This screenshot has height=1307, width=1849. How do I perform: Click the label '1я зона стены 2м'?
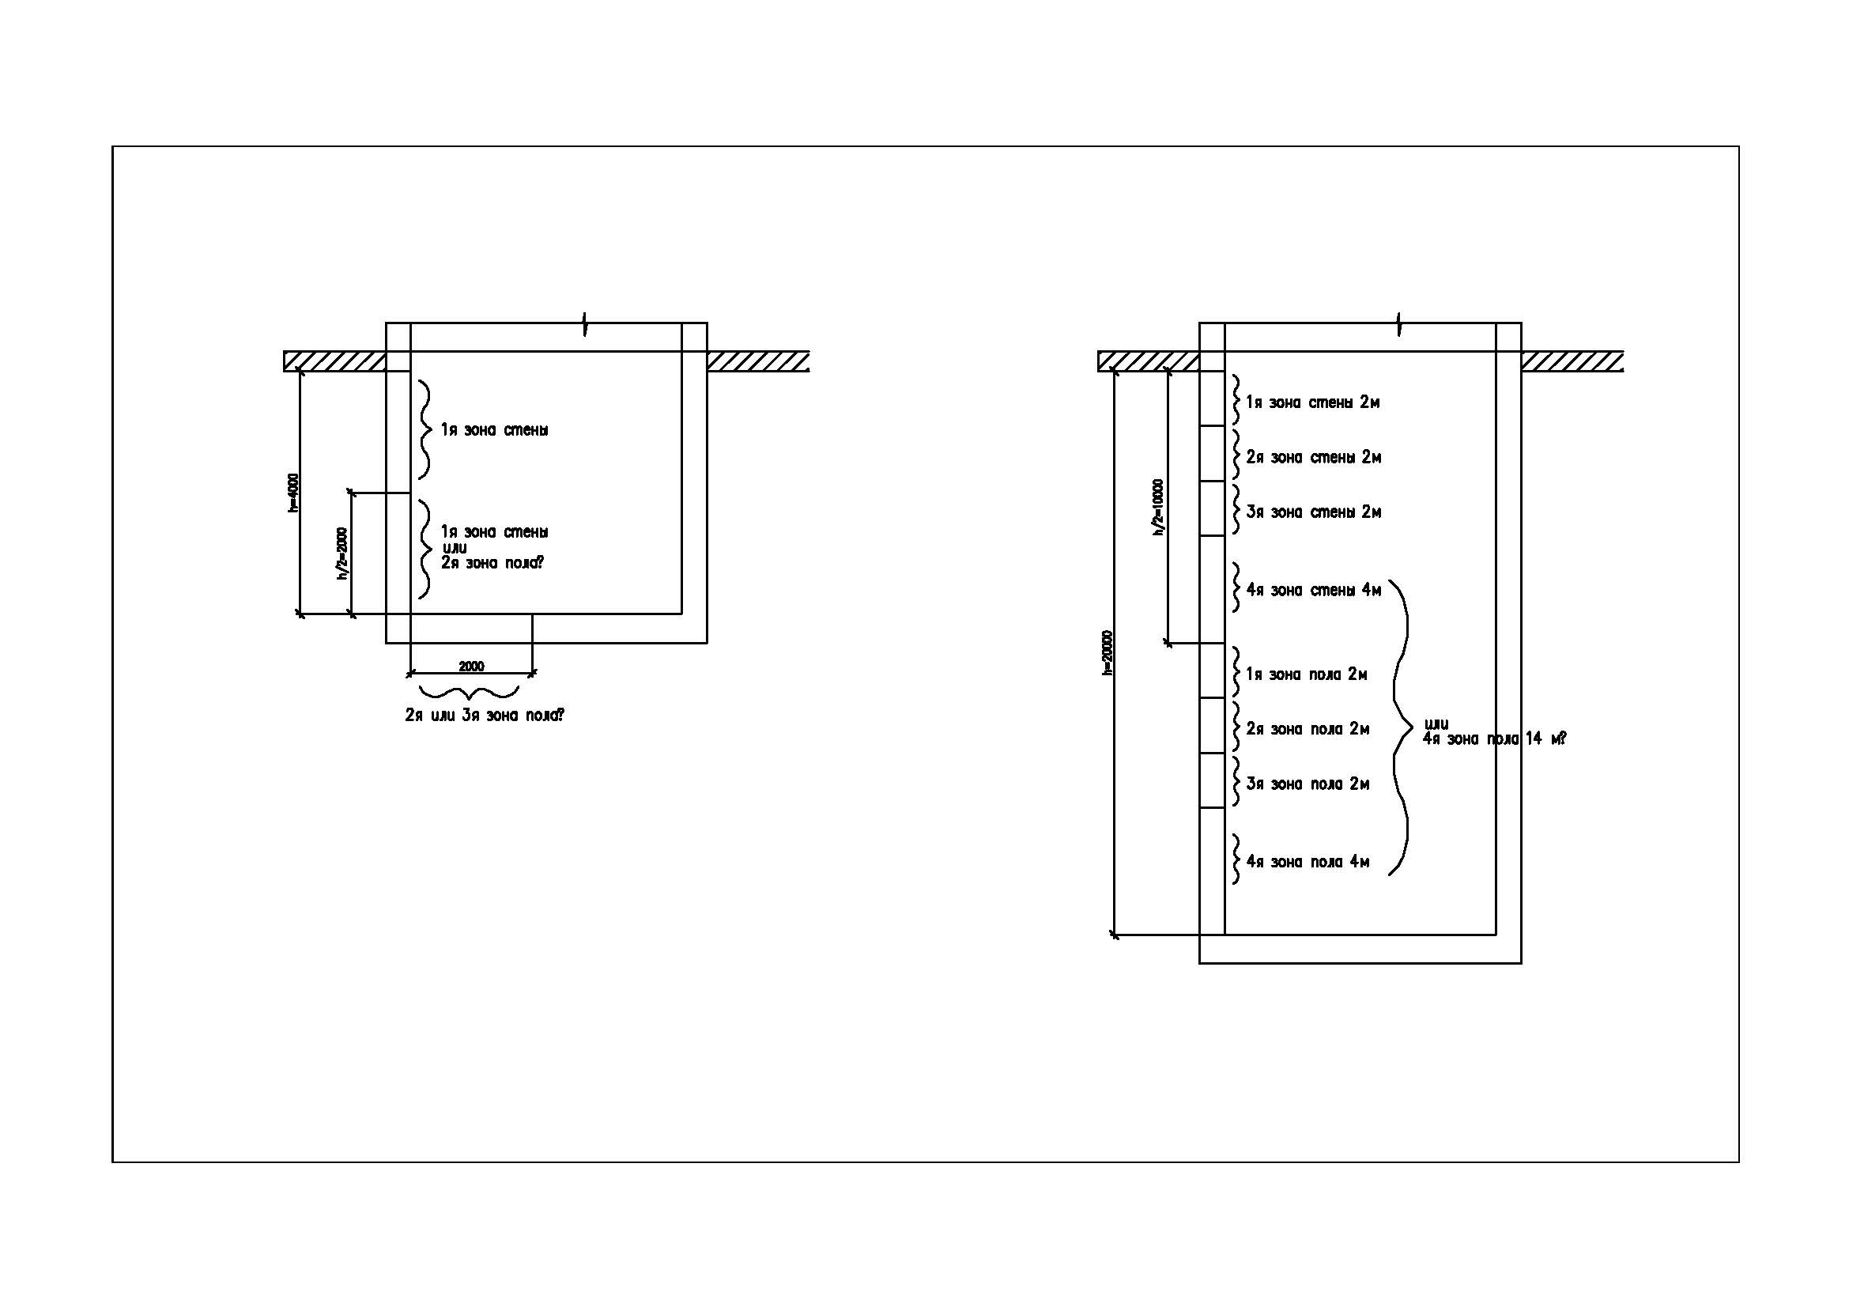click(1312, 402)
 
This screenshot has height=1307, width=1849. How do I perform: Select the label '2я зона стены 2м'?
click(1314, 457)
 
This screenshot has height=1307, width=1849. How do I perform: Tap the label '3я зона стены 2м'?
click(1314, 512)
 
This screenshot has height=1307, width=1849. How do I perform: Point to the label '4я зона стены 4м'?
click(1314, 591)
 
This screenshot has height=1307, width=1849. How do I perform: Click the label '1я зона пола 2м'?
click(1306, 674)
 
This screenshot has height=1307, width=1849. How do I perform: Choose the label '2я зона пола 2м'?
click(1307, 730)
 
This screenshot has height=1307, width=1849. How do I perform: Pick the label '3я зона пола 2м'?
click(1307, 784)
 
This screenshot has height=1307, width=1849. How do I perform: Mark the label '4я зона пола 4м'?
click(1307, 863)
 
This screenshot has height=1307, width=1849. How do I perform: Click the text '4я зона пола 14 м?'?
click(1494, 738)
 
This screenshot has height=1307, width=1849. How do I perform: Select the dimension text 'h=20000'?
click(1108, 653)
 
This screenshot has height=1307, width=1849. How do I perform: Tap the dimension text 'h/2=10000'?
click(1158, 508)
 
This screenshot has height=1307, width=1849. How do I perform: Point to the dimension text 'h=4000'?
click(293, 493)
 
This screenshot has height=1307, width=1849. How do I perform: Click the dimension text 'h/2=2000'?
click(342, 553)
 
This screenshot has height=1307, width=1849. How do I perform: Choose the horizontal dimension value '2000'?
click(471, 666)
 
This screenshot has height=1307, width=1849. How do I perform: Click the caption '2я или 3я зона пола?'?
click(484, 715)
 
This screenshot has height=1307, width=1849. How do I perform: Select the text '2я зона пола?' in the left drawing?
click(491, 563)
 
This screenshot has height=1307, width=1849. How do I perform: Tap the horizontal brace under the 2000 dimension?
click(469, 692)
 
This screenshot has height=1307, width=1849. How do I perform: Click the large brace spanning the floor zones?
click(1402, 728)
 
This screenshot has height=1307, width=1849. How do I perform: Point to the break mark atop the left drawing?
click(586, 323)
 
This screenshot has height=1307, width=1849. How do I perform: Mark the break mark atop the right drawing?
click(1399, 323)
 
